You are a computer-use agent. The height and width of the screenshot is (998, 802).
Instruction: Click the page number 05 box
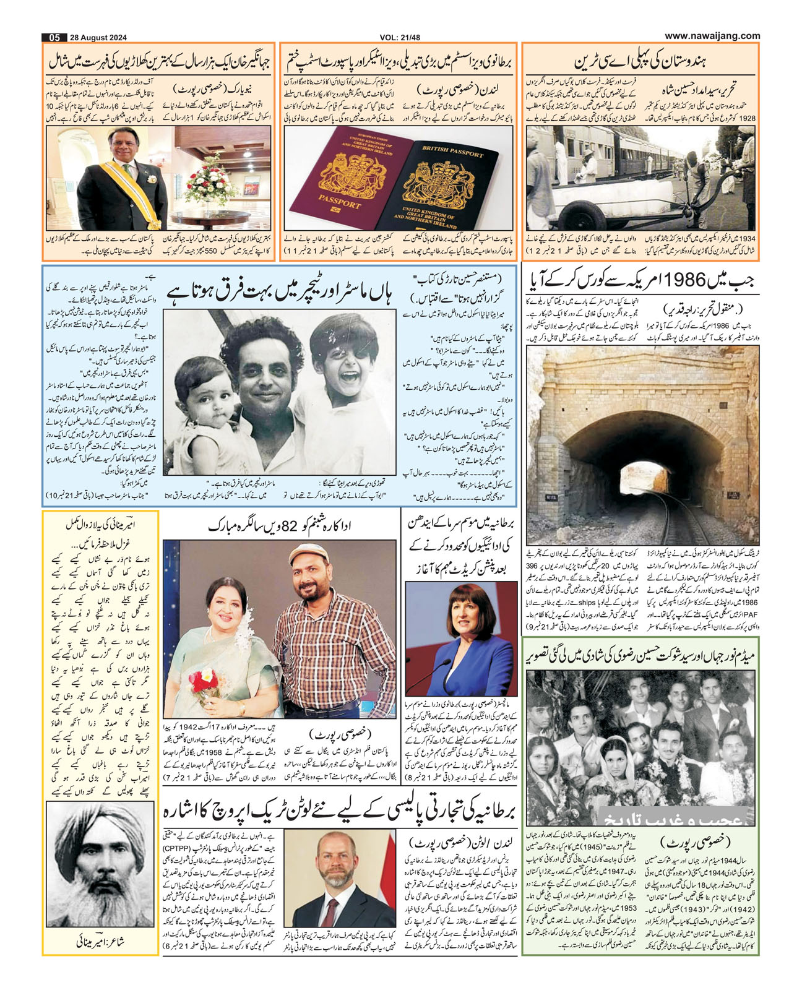(x=54, y=37)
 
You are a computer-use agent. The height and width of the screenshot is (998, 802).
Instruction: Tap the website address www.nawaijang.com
(x=712, y=36)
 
